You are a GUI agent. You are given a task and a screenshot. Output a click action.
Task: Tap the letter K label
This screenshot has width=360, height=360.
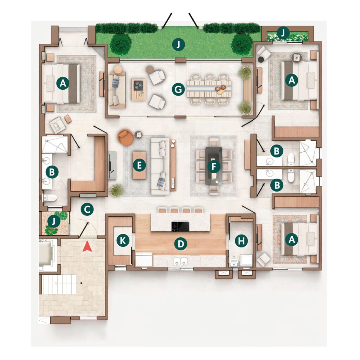123,240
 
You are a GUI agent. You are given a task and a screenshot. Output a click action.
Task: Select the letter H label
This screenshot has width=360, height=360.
241,241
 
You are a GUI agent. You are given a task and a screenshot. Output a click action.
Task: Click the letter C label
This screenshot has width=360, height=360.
87,209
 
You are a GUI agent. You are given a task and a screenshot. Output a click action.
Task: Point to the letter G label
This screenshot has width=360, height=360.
178,89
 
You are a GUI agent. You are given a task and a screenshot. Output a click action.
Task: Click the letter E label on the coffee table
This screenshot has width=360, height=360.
139,165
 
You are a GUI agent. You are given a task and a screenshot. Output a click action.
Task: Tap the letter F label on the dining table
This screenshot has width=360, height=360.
214,167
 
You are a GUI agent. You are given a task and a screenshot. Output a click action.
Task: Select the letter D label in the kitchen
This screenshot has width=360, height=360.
181,244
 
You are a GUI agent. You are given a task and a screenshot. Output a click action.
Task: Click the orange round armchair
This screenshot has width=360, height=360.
126,137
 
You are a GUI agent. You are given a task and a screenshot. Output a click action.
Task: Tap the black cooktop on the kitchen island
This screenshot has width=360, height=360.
180,227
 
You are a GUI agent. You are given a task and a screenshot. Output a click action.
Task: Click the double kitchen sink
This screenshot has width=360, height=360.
180,261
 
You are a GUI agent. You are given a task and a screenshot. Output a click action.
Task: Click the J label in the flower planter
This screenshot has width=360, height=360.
283,33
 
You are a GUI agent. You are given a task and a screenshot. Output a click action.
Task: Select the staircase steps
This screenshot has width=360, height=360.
59,284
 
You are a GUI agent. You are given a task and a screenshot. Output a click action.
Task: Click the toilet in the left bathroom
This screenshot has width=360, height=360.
50,198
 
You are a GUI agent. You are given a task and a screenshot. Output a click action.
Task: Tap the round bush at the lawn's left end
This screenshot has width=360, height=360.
121,45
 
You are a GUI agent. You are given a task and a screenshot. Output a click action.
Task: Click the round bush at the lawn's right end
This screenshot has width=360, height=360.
242,44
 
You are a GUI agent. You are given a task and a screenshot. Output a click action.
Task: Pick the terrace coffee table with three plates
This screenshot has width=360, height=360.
139,90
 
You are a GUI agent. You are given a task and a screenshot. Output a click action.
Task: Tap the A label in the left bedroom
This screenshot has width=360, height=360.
63,83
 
